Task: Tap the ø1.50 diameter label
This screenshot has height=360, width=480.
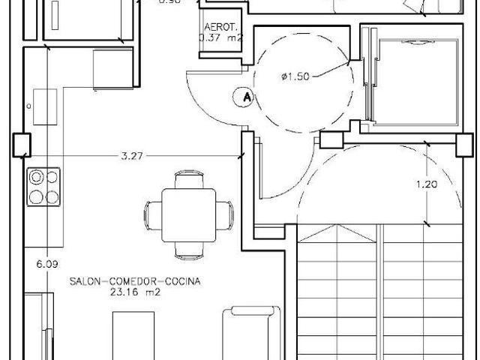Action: [295, 76]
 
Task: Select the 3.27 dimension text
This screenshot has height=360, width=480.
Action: [132, 156]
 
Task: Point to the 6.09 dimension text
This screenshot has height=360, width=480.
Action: [46, 263]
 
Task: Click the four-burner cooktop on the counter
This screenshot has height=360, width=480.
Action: [43, 187]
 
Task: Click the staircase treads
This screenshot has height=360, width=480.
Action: [382, 292]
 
